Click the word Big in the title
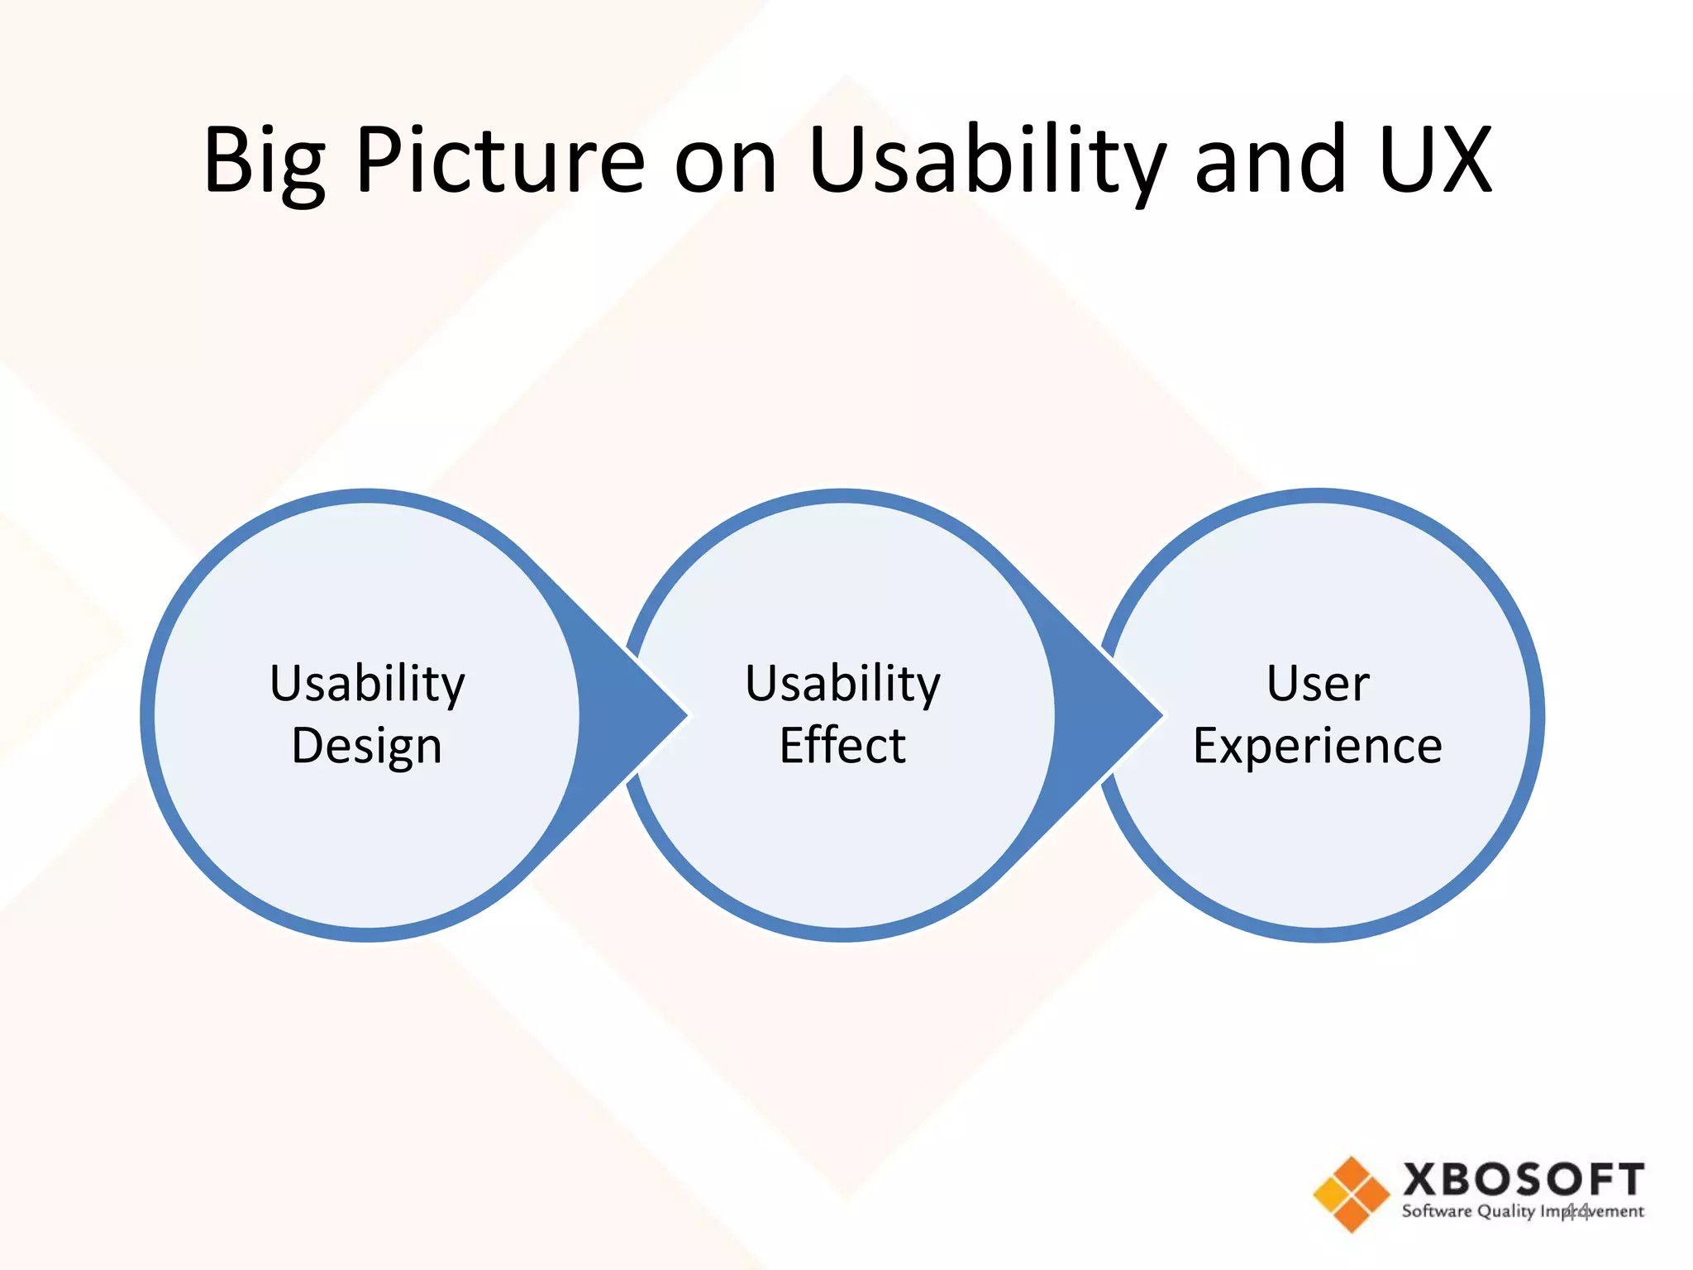(x=264, y=161)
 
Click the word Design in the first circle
(x=367, y=747)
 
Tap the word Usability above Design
(x=367, y=685)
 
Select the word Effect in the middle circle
(x=842, y=745)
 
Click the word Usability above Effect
(x=842, y=685)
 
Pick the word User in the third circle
(x=1318, y=684)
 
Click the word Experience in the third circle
(x=1318, y=747)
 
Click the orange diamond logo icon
(x=1351, y=1194)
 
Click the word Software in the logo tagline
(x=1436, y=1211)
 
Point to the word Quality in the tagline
(x=1505, y=1212)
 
